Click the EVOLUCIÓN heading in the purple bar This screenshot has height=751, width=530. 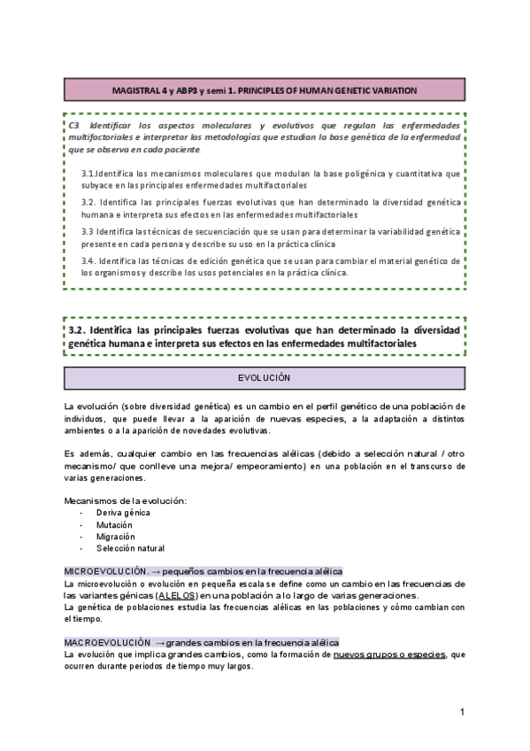tap(265, 378)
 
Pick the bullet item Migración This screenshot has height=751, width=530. tap(118, 536)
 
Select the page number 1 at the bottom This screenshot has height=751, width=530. tap(462, 711)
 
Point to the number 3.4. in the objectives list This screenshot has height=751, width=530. tap(88, 261)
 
